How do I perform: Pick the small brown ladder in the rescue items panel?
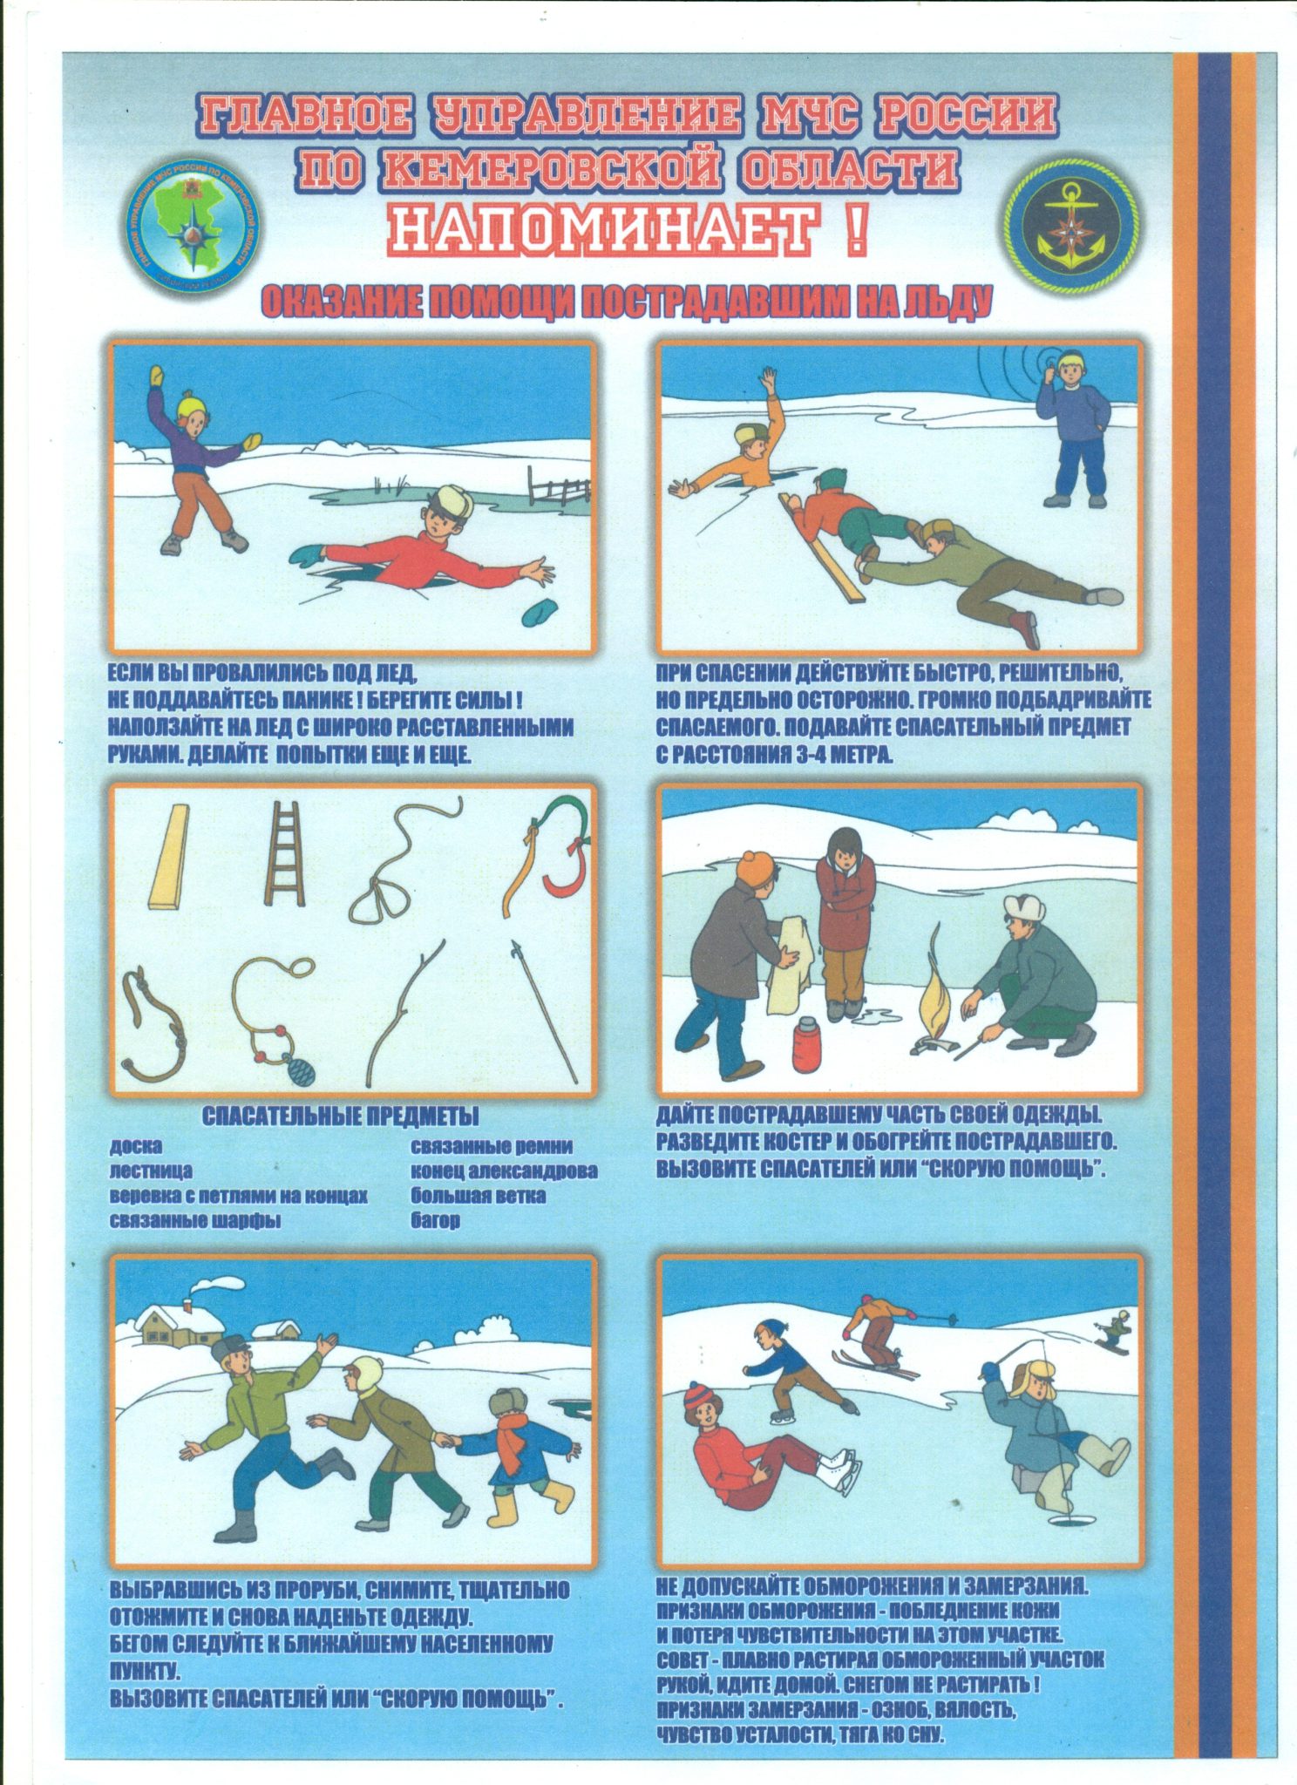[x=283, y=855]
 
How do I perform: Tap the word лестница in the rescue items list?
[x=151, y=1170]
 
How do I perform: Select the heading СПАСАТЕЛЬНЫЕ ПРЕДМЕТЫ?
[x=340, y=1116]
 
